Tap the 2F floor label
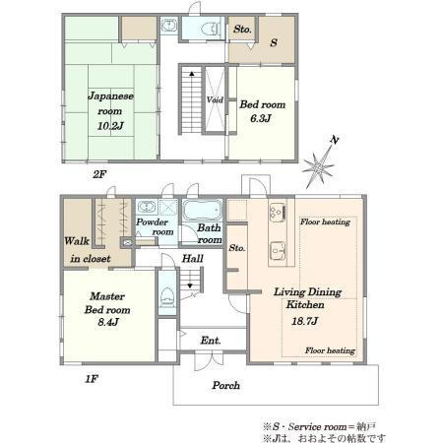tap(99, 174)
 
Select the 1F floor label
tap(92, 379)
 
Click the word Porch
tap(225, 385)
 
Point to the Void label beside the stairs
tap(215, 99)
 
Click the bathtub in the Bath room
tap(202, 210)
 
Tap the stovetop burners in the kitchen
tap(278, 212)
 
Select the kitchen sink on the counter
tap(278, 251)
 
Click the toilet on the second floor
tap(210, 29)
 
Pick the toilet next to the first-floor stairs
tap(167, 297)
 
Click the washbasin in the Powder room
tap(146, 207)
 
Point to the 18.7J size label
tap(304, 321)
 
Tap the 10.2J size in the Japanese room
tap(110, 126)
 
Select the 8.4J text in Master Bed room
tap(108, 322)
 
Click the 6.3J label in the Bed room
tap(261, 118)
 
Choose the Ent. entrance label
tap(211, 341)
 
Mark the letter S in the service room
tap(274, 42)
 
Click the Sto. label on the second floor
tap(242, 29)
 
